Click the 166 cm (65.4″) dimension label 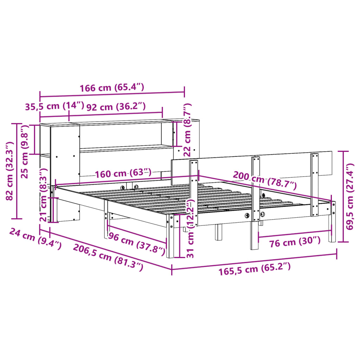click(x=112, y=88)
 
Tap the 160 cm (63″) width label click(x=123, y=173)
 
